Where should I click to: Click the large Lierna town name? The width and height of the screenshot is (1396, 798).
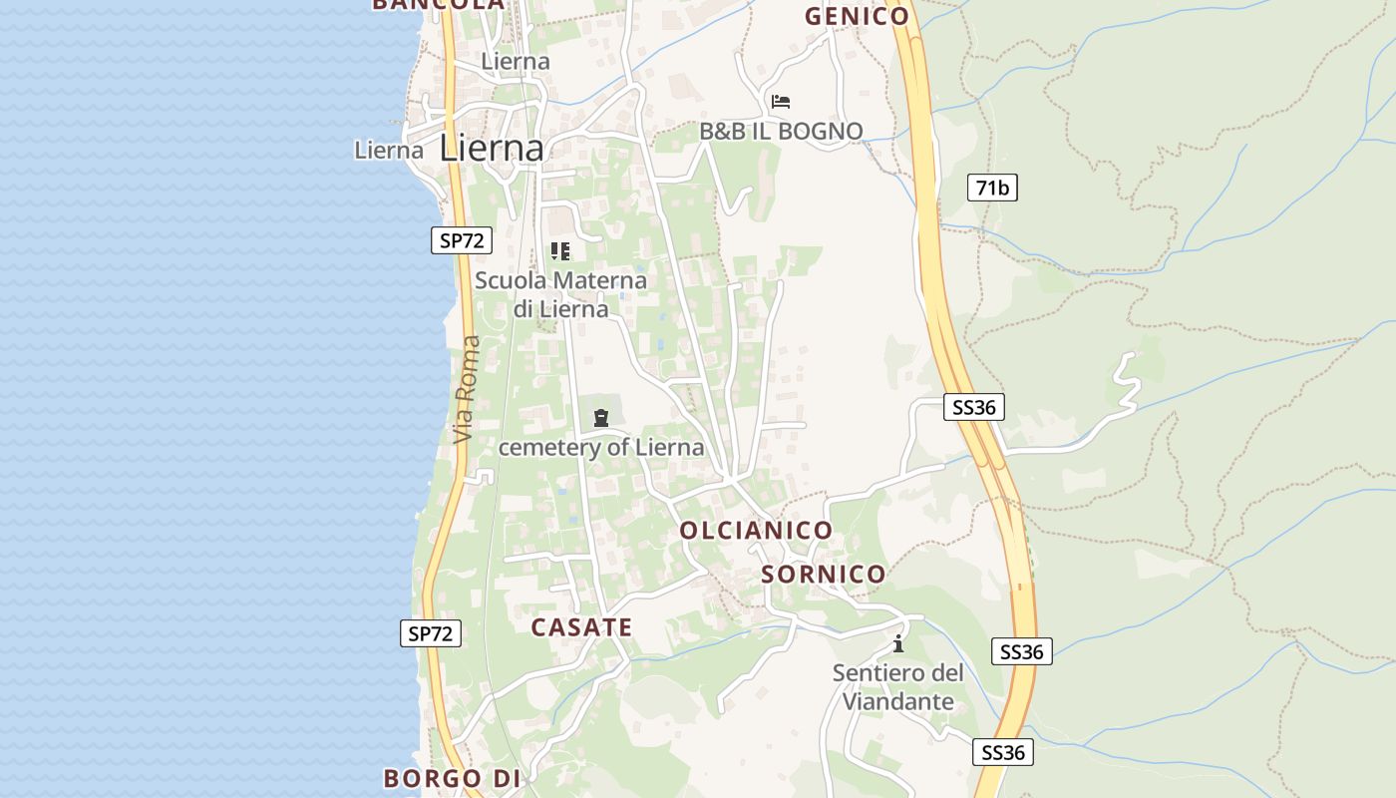[492, 149]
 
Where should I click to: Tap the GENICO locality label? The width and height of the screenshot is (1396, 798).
[857, 16]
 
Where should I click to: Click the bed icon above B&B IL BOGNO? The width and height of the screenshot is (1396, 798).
[781, 102]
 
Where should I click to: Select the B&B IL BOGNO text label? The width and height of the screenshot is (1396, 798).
[781, 131]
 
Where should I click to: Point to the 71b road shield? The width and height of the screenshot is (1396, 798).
[992, 188]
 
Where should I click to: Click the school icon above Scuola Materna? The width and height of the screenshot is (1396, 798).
[560, 251]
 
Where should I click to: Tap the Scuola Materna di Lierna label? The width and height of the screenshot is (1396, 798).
[560, 294]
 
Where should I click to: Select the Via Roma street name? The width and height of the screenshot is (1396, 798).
[466, 389]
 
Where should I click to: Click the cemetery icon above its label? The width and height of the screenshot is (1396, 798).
[600, 418]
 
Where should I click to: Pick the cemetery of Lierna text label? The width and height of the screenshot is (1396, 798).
[600, 447]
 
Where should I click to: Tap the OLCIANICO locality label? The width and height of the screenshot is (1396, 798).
[756, 531]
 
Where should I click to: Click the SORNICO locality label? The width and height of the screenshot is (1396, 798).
[824, 575]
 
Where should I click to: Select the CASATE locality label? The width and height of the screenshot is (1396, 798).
[581, 627]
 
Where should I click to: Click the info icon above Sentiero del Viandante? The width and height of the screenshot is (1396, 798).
[898, 643]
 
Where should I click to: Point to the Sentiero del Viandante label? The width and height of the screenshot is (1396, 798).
[898, 687]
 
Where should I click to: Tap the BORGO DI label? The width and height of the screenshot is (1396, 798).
[454, 778]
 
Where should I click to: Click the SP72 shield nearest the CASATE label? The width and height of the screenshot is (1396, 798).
[431, 632]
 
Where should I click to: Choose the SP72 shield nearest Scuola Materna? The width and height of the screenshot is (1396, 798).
[462, 239]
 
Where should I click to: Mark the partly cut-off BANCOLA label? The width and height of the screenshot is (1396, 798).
[439, 5]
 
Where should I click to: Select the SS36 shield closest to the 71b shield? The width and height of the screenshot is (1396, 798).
[974, 407]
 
